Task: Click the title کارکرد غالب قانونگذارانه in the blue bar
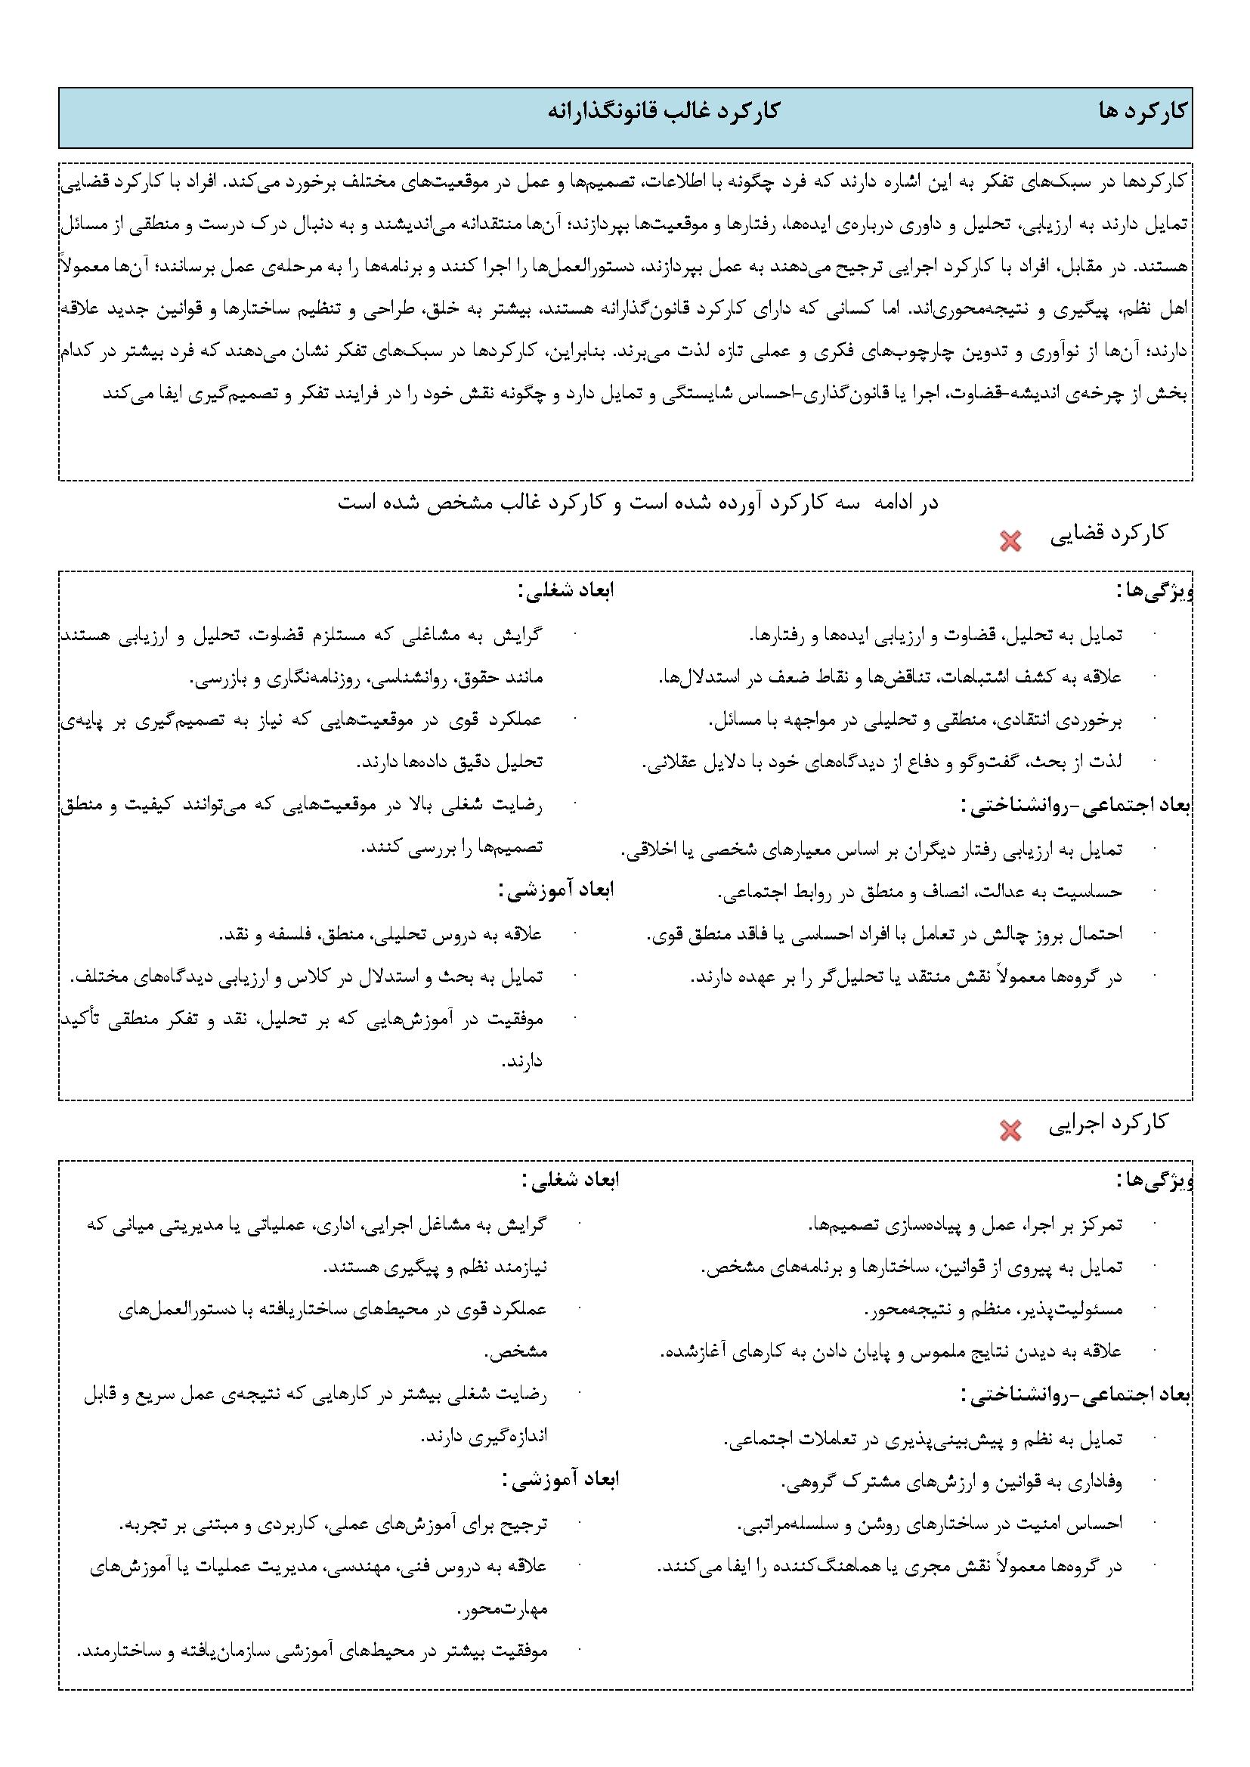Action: tap(664, 111)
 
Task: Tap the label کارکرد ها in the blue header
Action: tap(1143, 112)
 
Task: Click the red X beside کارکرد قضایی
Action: tap(1010, 542)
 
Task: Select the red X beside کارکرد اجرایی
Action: tap(1010, 1130)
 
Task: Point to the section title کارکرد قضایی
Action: tap(1109, 534)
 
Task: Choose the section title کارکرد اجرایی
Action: tap(1109, 1123)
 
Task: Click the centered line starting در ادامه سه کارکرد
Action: tap(638, 503)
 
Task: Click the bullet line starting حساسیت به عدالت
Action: tap(920, 892)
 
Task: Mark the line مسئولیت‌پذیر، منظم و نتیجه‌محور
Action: tap(993, 1307)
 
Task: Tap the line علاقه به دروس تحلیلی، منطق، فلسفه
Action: tap(381, 934)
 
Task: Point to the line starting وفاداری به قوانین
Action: tap(951, 1480)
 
